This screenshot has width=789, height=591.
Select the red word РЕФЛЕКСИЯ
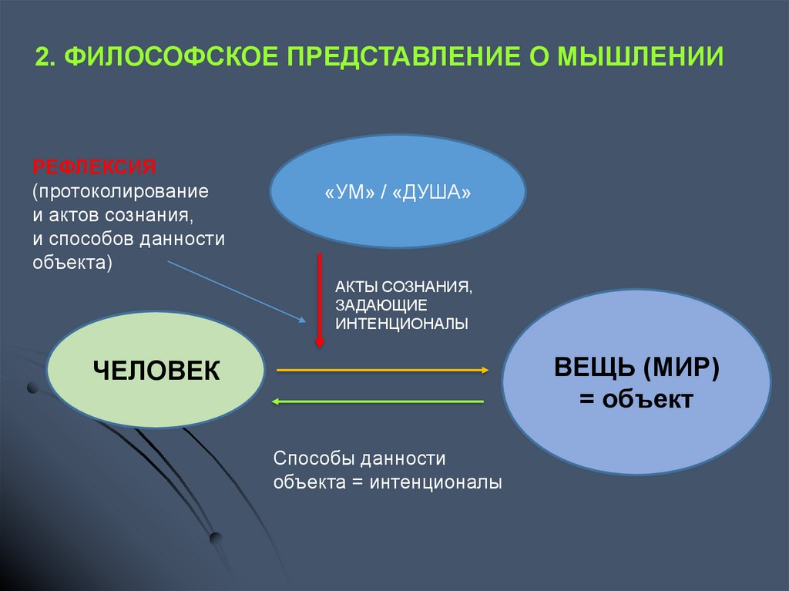[x=94, y=166]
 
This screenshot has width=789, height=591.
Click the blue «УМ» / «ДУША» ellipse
[x=398, y=192]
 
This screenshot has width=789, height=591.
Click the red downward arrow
[x=319, y=301]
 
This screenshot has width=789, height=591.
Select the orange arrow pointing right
[x=382, y=371]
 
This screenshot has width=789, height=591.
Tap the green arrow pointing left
[x=378, y=401]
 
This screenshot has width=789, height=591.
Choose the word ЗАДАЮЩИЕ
[x=380, y=304]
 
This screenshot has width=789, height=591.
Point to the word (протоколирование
[x=120, y=190]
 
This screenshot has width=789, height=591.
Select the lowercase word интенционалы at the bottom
[x=435, y=483]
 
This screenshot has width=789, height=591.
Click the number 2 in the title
[x=44, y=57]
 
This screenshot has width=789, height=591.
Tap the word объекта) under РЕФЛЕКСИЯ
[x=72, y=262]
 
